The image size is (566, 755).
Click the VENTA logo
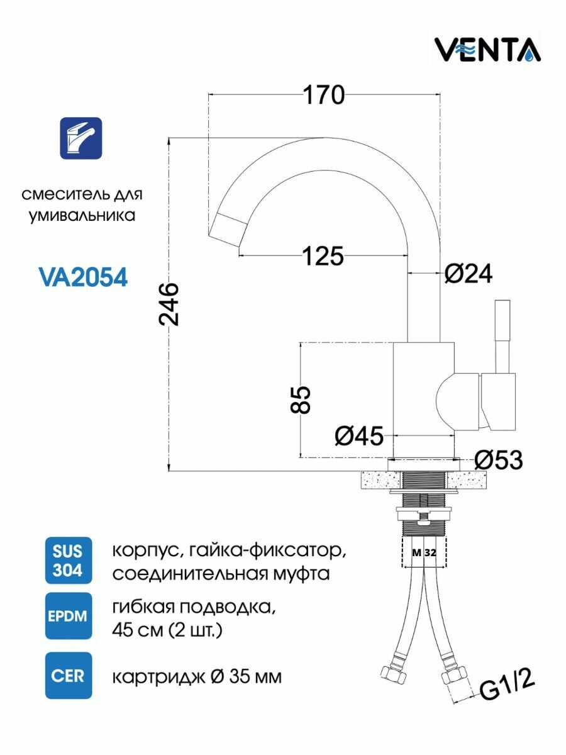pyautogui.click(x=488, y=50)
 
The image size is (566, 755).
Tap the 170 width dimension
pyautogui.click(x=324, y=95)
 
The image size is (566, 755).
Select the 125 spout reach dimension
pyautogui.click(x=323, y=256)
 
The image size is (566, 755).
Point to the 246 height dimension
pyautogui.click(x=169, y=305)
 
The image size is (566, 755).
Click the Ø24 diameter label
pyautogui.click(x=469, y=274)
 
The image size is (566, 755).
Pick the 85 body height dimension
pyautogui.click(x=301, y=400)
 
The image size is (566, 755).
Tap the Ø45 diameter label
pyautogui.click(x=359, y=436)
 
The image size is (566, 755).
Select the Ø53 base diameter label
pyautogui.click(x=499, y=460)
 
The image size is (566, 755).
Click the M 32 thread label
pyautogui.click(x=425, y=553)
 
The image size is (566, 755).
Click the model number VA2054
pyautogui.click(x=83, y=277)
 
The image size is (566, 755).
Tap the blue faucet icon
pyautogui.click(x=81, y=138)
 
